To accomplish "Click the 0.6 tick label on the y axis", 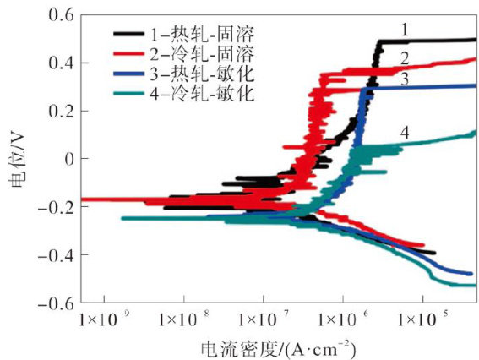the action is [61, 15].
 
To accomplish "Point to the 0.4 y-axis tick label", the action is [61, 63].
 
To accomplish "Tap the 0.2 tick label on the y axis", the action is [61, 112].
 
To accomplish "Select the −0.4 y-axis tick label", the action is [57, 254].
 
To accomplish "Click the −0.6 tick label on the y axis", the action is [57, 303].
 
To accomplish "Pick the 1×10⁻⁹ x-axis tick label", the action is [102, 319].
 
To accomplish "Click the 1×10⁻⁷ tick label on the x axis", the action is [262, 319].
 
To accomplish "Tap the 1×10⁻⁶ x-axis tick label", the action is [341, 319].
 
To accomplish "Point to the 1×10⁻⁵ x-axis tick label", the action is [422, 319].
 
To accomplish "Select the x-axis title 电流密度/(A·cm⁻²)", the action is [279, 349].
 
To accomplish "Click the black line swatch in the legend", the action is [128, 34].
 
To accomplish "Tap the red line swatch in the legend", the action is [128, 53].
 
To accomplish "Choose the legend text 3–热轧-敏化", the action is [202, 73].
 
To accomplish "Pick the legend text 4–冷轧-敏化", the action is [202, 93].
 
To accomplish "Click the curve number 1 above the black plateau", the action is [405, 30].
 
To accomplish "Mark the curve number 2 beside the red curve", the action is [405, 58].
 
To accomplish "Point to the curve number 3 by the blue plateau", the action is [405, 79].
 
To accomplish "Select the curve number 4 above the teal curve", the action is [405, 133].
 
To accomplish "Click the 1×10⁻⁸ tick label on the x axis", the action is [183, 319].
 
